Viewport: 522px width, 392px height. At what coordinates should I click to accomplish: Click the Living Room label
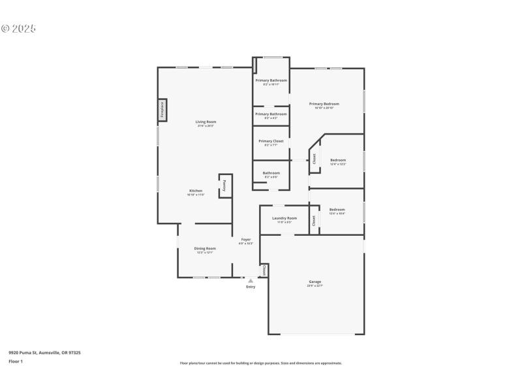tap(206, 122)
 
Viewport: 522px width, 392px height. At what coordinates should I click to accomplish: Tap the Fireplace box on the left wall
tap(162, 110)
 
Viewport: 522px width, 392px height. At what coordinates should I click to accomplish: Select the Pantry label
tap(224, 185)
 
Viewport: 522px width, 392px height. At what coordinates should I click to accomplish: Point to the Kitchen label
tap(196, 191)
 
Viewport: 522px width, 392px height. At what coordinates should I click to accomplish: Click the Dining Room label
tap(205, 248)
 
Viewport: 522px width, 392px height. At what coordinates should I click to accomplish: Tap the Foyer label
tap(246, 240)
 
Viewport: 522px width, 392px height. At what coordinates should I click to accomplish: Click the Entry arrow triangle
tap(251, 281)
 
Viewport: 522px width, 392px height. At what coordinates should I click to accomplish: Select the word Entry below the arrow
tap(251, 287)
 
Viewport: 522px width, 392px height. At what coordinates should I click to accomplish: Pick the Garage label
tap(315, 282)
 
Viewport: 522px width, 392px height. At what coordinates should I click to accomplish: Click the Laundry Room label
tap(284, 218)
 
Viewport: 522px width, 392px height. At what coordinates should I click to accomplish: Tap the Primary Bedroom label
tap(324, 104)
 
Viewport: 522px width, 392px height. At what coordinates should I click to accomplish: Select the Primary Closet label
tap(271, 141)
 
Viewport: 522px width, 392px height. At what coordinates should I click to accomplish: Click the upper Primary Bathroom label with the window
tap(271, 80)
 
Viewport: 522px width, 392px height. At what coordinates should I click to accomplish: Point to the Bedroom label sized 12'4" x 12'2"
tap(337, 160)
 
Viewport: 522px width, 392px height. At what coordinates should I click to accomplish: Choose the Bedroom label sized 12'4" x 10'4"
tap(337, 210)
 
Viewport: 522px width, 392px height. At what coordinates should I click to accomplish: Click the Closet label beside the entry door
tap(264, 270)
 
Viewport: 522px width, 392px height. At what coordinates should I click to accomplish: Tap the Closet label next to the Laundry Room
tap(314, 221)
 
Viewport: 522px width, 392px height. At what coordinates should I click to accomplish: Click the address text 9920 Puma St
tap(44, 353)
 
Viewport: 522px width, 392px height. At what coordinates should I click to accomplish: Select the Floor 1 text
tap(16, 361)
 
